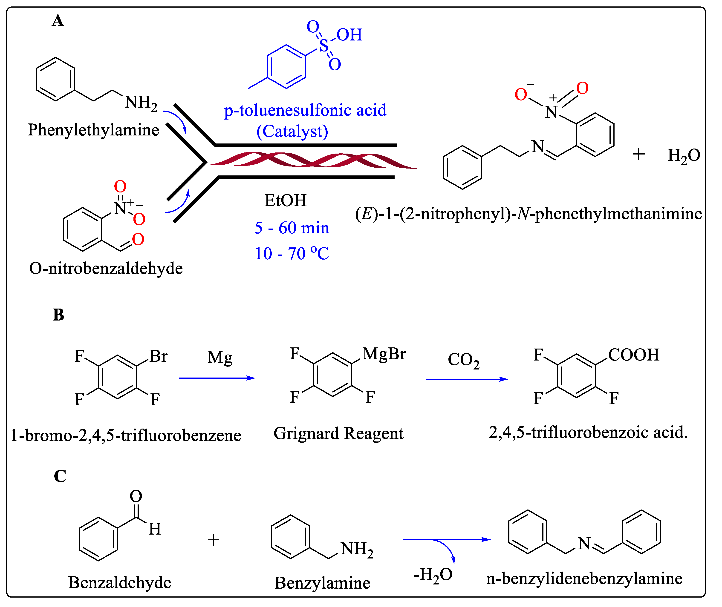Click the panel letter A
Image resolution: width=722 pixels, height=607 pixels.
pos(58,21)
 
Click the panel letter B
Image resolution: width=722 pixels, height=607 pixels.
pos(58,315)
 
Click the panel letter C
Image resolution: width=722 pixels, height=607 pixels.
pos(60,476)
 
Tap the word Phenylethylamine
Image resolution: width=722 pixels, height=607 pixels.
pos(93,130)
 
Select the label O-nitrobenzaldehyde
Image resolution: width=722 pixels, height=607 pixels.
pos(106,268)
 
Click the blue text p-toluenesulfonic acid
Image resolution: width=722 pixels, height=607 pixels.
pos(305,110)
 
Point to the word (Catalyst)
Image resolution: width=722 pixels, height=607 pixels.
pos(292,131)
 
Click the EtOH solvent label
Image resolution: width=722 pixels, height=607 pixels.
pos(286,201)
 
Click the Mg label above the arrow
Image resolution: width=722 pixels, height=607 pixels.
pos(220,358)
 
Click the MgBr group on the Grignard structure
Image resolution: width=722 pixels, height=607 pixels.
pos(384,354)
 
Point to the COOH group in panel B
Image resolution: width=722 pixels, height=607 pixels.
pos(633,355)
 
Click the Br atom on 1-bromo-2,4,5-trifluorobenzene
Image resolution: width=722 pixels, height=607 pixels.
pos(158,356)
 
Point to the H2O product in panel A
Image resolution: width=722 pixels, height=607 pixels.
pos(683,155)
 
